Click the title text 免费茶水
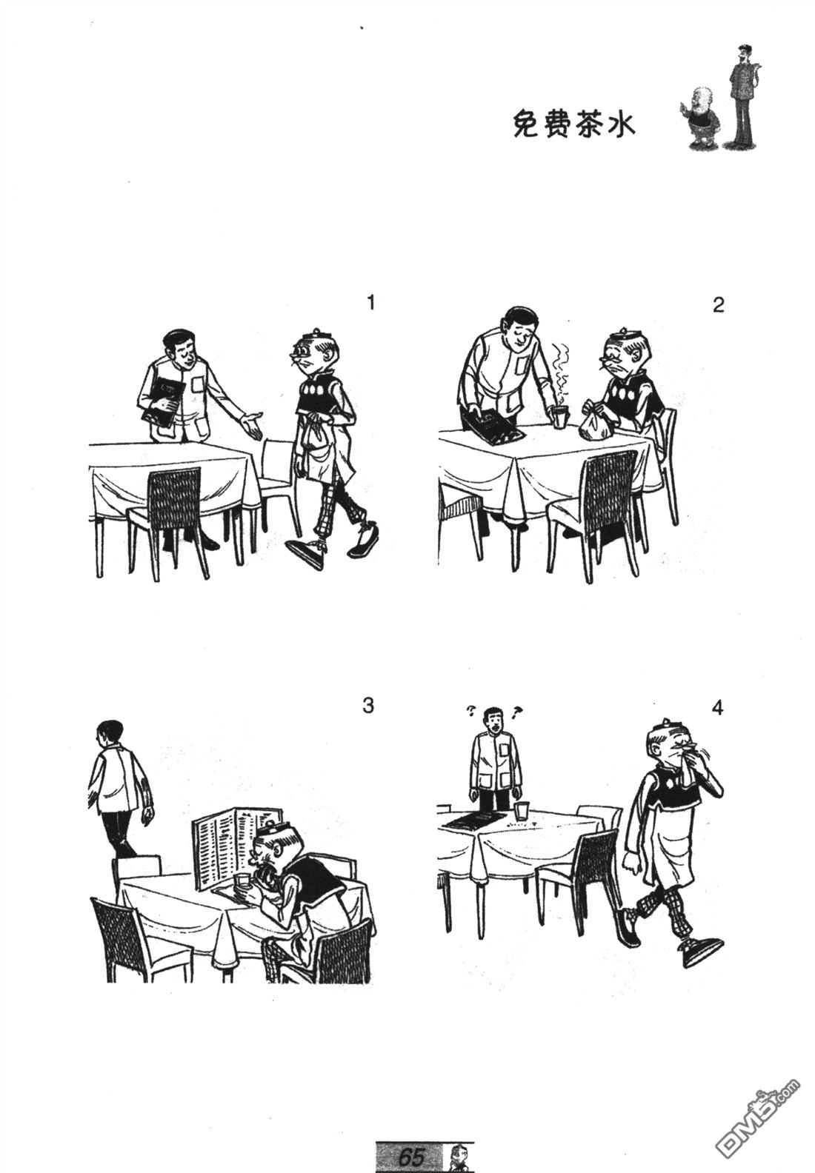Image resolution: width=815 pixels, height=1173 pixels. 574,126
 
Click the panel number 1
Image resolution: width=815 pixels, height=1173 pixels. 371,303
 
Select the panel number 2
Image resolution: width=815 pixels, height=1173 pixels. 719,305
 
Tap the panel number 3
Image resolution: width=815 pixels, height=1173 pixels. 369,706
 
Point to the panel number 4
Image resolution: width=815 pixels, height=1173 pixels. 718,708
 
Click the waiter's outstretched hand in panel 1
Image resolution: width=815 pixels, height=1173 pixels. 252,424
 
